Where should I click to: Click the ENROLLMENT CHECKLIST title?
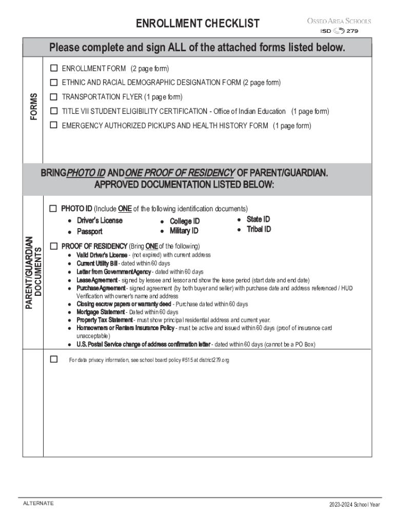[x=197, y=24]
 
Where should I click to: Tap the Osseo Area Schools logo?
[x=339, y=26]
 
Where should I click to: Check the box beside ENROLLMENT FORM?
[x=53, y=68]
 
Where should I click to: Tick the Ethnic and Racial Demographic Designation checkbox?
[x=53, y=83]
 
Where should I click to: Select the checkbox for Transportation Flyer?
[x=53, y=97]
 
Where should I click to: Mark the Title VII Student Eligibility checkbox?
[x=53, y=111]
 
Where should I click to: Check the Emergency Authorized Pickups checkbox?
[x=53, y=125]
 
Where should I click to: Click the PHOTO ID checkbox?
[x=53, y=209]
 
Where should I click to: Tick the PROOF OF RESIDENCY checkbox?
[x=53, y=246]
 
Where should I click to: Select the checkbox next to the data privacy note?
[x=53, y=359]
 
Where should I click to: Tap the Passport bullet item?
[x=90, y=232]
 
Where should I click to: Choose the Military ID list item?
[x=184, y=231]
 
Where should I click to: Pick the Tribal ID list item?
[x=259, y=229]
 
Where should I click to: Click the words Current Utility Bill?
[x=97, y=264]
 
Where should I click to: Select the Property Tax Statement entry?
[x=104, y=320]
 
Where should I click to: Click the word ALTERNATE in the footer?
[x=38, y=503]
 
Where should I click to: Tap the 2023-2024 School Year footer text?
[x=354, y=505]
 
